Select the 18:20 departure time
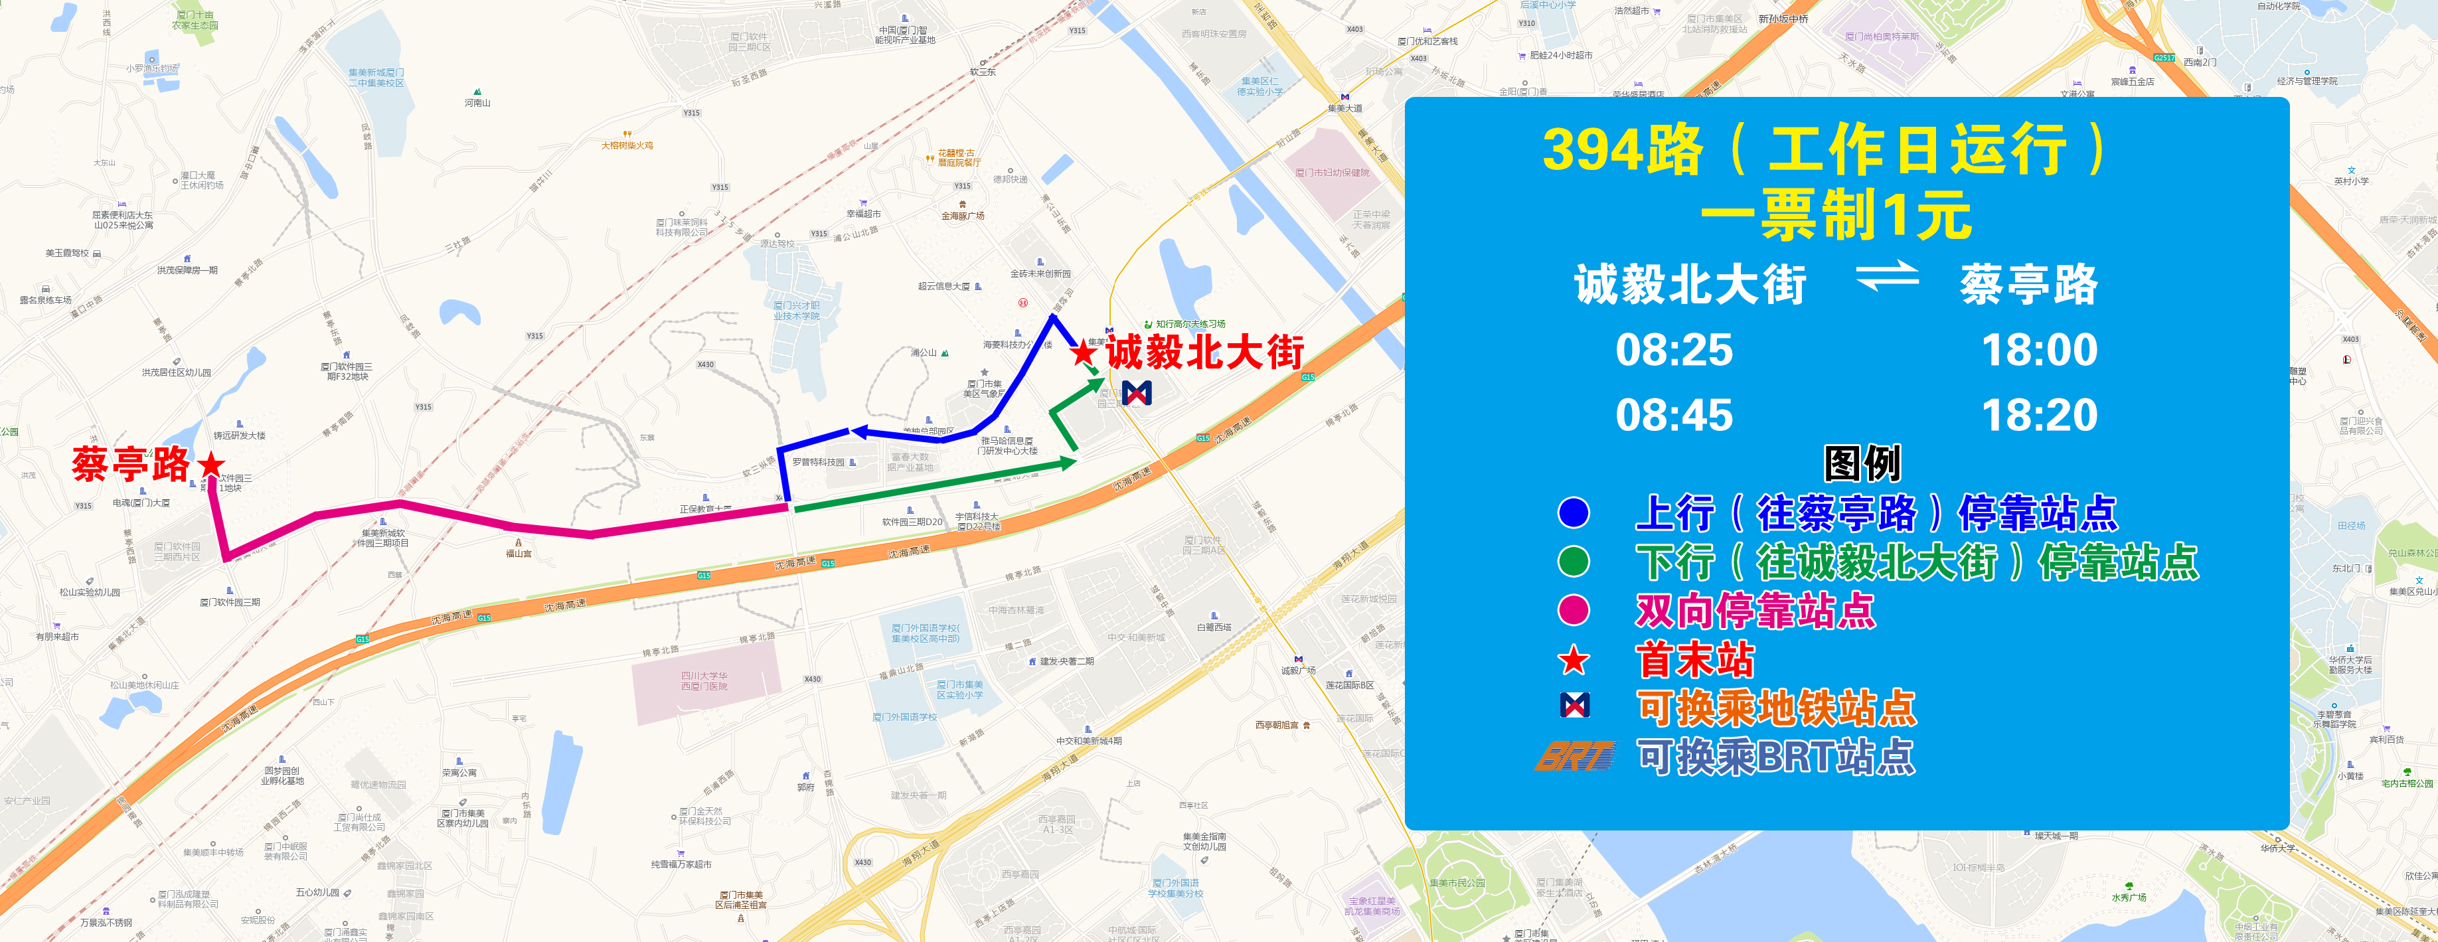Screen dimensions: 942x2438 [x=2040, y=416]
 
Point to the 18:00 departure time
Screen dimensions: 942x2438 [x=2040, y=351]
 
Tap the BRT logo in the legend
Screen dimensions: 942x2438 [x=1574, y=755]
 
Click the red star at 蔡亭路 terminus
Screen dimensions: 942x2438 [x=211, y=464]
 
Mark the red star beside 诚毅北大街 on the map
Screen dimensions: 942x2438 [x=1083, y=353]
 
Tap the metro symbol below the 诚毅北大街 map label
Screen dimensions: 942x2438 [x=1137, y=392]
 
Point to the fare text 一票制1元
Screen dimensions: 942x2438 [x=1836, y=216]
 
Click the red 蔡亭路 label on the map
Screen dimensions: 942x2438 [x=131, y=465]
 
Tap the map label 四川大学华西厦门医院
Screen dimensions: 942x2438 [x=704, y=680]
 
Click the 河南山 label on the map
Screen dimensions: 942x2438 [x=478, y=102]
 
